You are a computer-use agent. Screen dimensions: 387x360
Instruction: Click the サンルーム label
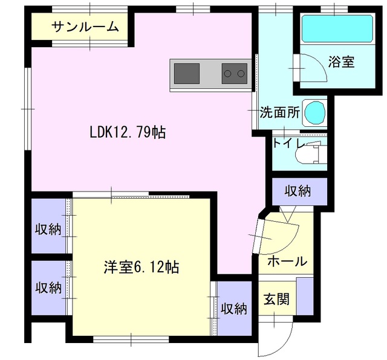click(85, 27)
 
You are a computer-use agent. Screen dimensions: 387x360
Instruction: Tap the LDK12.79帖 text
click(128, 132)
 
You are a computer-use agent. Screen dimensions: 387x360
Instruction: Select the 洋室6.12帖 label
click(141, 267)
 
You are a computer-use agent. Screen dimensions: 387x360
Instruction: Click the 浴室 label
click(341, 62)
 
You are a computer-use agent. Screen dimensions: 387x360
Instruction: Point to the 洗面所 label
click(280, 113)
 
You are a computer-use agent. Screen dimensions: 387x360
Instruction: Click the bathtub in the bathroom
click(337, 28)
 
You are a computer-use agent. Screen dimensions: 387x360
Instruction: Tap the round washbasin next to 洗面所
click(315, 113)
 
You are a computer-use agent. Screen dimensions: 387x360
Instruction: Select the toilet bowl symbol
click(310, 153)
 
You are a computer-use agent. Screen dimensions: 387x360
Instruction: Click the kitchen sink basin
click(187, 74)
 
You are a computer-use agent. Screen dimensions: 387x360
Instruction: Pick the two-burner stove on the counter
click(235, 74)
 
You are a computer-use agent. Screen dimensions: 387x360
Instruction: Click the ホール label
click(287, 261)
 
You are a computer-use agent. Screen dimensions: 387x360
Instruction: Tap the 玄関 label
click(276, 299)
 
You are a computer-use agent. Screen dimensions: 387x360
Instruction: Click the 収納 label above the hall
click(298, 191)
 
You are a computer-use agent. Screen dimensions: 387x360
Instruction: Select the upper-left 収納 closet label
click(48, 230)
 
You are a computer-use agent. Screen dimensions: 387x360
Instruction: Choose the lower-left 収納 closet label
click(48, 288)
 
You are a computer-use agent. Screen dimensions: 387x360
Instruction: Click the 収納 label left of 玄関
click(234, 309)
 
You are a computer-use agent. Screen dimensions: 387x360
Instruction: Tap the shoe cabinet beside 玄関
click(305, 296)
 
